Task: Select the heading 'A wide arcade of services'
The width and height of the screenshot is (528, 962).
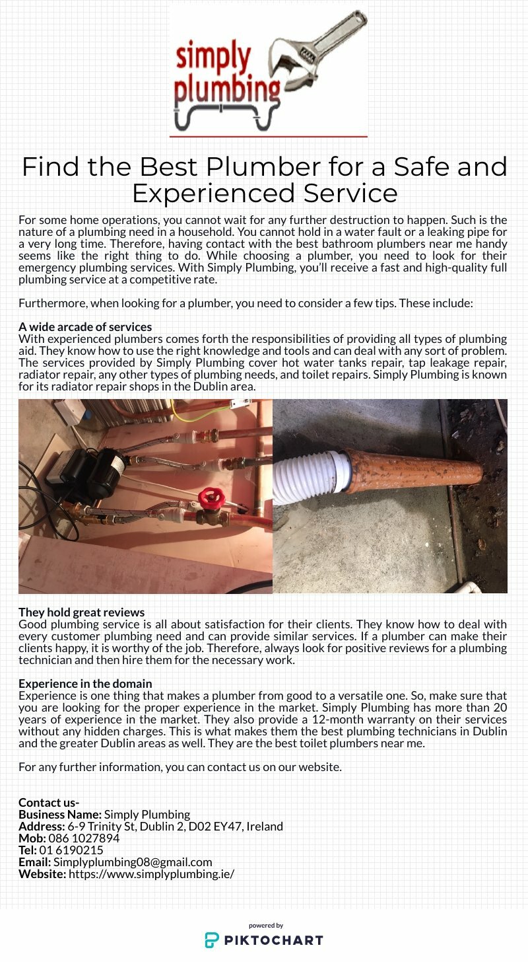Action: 85,327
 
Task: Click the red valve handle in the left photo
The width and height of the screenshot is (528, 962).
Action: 211,496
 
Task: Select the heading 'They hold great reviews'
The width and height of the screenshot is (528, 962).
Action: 81,612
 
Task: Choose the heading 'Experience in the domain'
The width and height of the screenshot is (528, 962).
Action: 85,684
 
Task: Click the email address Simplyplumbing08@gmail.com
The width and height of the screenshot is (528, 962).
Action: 133,862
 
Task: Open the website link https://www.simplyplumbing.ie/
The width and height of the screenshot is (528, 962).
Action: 151,874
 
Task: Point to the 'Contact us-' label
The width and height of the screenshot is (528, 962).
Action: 49,803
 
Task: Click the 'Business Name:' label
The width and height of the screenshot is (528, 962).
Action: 60,815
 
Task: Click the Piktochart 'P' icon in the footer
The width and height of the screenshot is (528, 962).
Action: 212,940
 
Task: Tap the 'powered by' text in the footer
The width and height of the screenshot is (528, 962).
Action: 266,926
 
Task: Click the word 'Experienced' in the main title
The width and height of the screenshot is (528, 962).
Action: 213,194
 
